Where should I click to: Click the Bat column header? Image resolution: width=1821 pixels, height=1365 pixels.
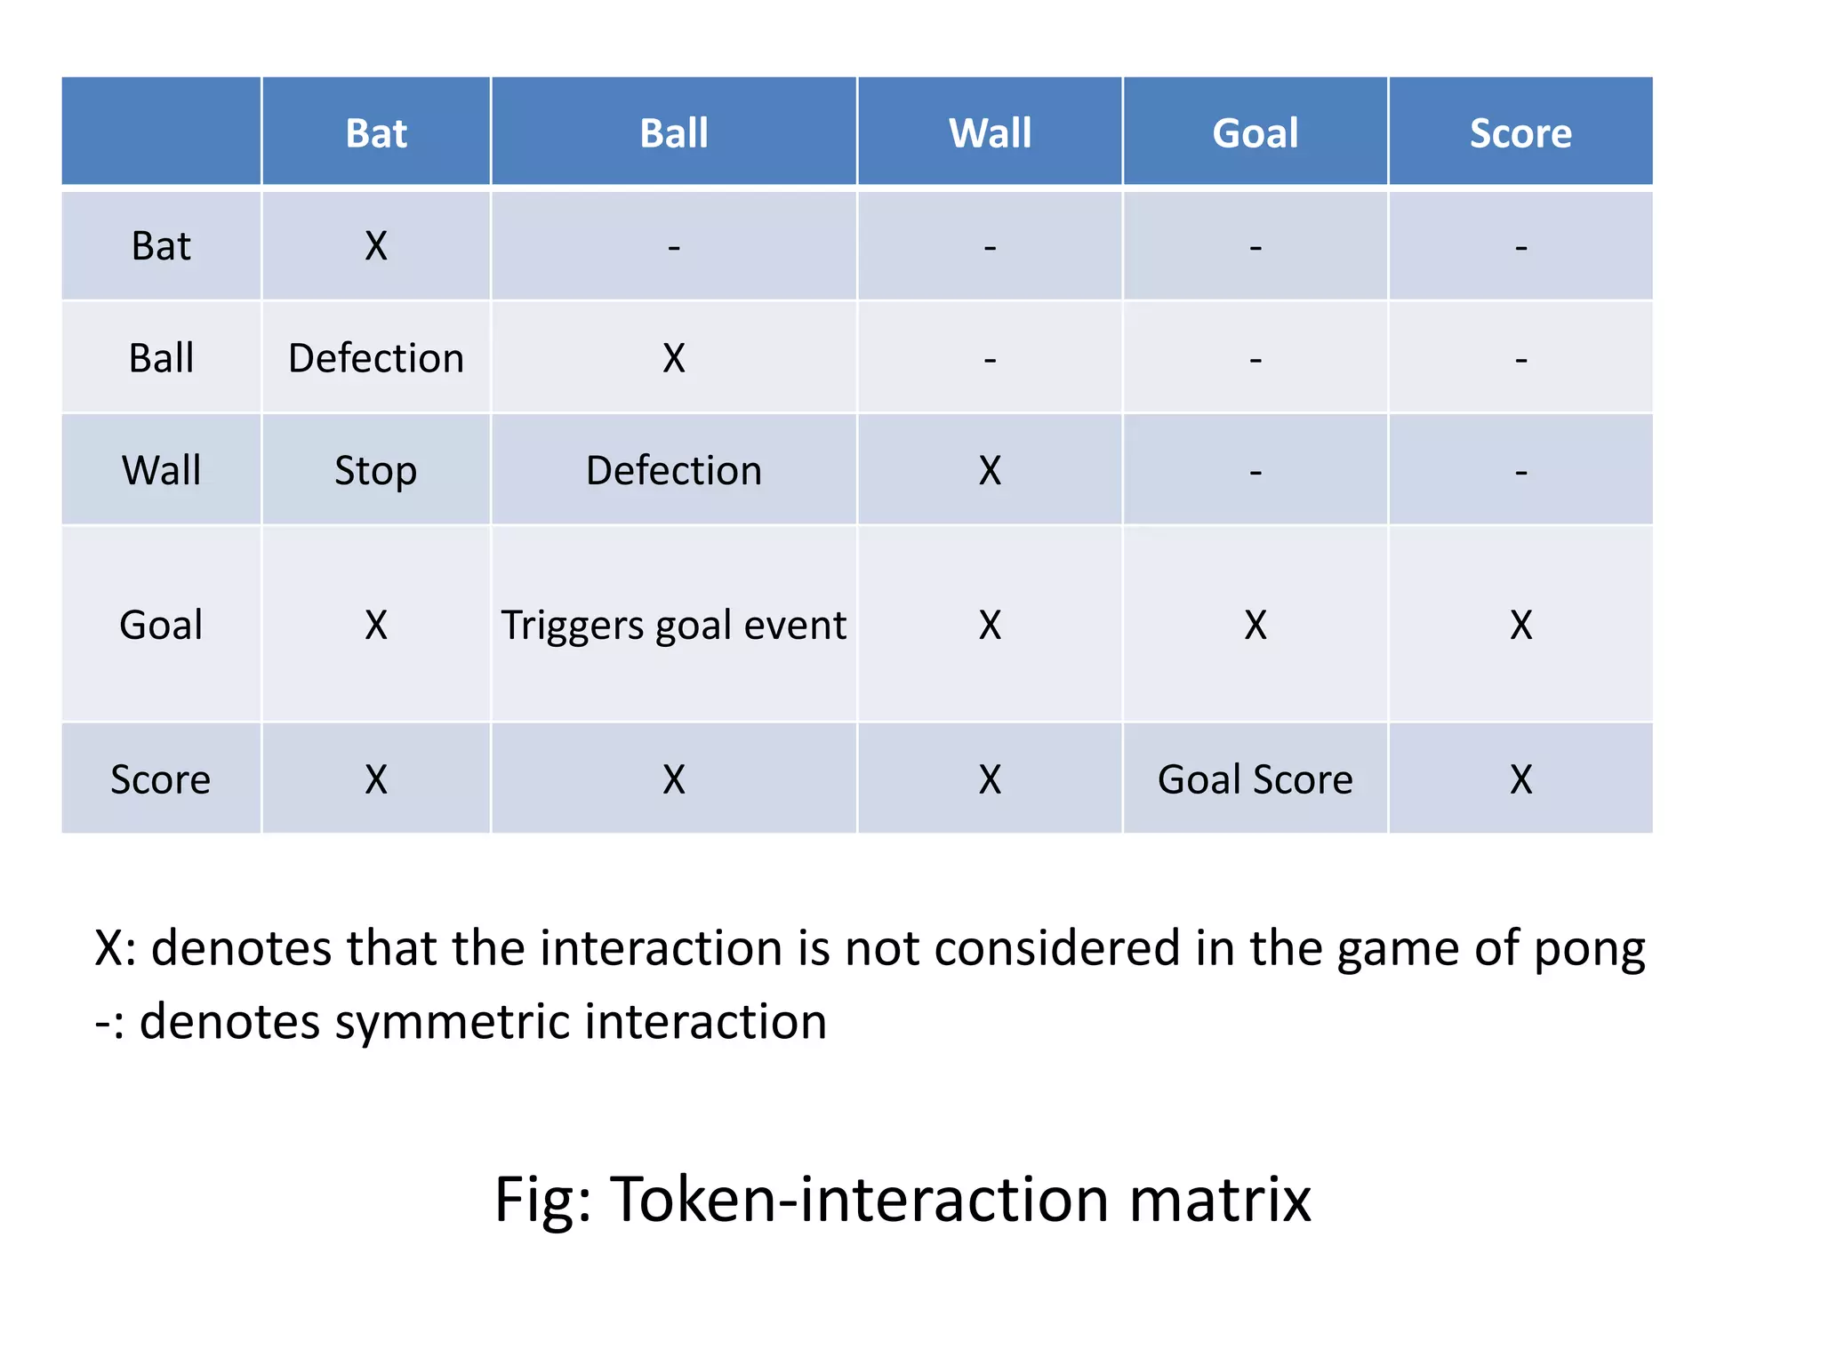tap(375, 133)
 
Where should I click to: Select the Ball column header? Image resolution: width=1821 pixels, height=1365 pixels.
tap(674, 133)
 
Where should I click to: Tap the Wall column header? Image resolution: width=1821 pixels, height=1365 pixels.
tap(990, 133)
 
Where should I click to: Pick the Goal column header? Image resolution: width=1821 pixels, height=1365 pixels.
tap(1255, 133)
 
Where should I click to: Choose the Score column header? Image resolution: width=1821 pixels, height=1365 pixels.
tap(1520, 133)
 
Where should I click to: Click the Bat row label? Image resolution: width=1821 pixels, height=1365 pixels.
tap(161, 246)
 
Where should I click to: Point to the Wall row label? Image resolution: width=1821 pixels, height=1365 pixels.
tap(161, 470)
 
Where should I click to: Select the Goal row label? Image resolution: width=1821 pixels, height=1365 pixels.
tap(161, 625)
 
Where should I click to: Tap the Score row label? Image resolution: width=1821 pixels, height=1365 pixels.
tap(161, 779)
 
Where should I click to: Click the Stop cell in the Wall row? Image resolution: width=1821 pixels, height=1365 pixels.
tap(375, 470)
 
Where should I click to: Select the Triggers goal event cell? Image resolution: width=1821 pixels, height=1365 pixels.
tap(674, 625)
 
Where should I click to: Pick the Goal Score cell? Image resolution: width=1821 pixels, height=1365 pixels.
tap(1255, 779)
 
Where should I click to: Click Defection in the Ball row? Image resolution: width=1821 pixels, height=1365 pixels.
tap(375, 358)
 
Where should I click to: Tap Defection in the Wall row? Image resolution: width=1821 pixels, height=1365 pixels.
tap(674, 470)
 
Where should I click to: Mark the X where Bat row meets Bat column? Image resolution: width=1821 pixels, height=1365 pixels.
tap(375, 246)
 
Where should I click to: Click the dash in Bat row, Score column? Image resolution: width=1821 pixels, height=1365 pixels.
tap(1520, 246)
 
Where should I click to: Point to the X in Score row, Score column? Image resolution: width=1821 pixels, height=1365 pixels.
tap(1520, 779)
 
